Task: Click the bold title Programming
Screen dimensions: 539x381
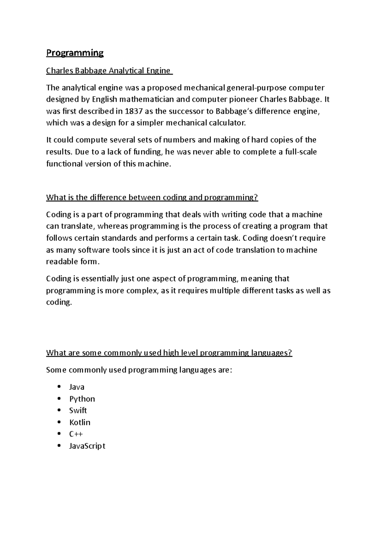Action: pyautogui.click(x=75, y=53)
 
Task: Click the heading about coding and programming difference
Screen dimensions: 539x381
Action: pyautogui.click(x=152, y=197)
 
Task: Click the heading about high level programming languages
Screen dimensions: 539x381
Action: pyautogui.click(x=169, y=353)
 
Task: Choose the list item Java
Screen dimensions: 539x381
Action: pyautogui.click(x=77, y=387)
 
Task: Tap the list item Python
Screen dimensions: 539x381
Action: pyautogui.click(x=82, y=399)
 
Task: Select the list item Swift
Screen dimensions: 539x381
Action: pyautogui.click(x=78, y=410)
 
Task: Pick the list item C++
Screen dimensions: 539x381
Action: pyautogui.click(x=76, y=434)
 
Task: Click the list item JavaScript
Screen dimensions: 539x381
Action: pyautogui.click(x=87, y=446)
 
